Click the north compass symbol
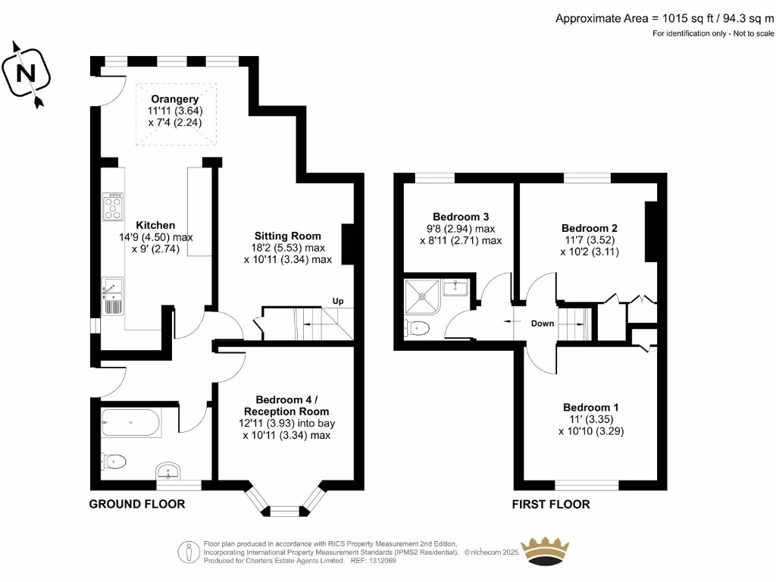pyautogui.click(x=27, y=73)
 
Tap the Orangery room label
pyautogui.click(x=174, y=99)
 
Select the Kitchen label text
pyautogui.click(x=155, y=225)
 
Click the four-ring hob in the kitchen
pyautogui.click(x=114, y=205)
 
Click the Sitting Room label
pyautogui.click(x=288, y=236)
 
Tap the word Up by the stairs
pyautogui.click(x=338, y=301)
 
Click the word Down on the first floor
pyautogui.click(x=542, y=324)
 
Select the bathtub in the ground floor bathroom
pyautogui.click(x=131, y=423)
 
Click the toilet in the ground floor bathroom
pyautogui.click(x=114, y=461)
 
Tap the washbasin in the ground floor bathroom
pyautogui.click(x=168, y=472)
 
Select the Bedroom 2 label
pyautogui.click(x=590, y=228)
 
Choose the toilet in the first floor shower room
pyautogui.click(x=418, y=327)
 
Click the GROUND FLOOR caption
pyautogui.click(x=137, y=504)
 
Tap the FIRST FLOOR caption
pyautogui.click(x=551, y=504)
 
